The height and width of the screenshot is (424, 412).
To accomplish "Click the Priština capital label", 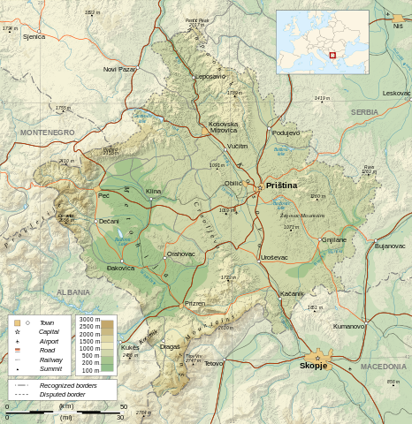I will [281, 185].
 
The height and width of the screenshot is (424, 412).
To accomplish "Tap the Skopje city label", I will [313, 366].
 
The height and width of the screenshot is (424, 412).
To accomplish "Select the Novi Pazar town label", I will [119, 69].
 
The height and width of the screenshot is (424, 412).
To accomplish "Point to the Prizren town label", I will [195, 303].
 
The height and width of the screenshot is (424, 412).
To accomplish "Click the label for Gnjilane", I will [334, 239].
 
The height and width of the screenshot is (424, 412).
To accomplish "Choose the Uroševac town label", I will [274, 257].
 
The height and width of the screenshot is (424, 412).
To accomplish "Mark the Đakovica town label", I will [120, 267].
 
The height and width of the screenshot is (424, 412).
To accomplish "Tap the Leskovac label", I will [396, 93].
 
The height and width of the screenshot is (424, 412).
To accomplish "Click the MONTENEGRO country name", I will [48, 132].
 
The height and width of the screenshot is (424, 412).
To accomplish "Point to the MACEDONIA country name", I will [384, 366].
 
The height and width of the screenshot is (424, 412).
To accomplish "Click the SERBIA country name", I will [364, 112].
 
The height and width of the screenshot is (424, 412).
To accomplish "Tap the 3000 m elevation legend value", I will [88, 319].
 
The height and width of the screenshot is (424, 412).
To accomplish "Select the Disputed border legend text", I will [69, 395].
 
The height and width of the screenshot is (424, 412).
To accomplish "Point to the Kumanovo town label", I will [348, 326].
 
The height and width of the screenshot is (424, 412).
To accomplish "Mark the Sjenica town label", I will [34, 36].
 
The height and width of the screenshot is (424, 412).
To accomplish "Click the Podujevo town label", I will [286, 132].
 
